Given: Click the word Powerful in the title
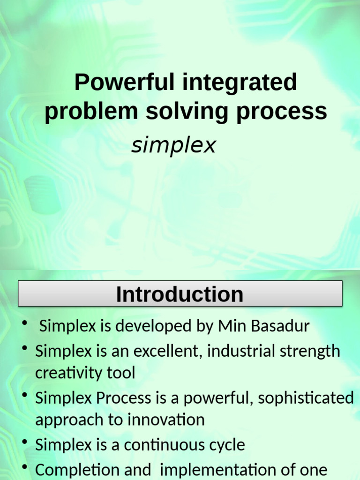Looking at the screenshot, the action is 124,82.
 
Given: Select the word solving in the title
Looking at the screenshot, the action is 187,112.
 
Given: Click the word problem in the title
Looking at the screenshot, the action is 91,112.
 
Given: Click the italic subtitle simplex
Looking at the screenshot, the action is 173,146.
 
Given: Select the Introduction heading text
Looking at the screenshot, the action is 180,294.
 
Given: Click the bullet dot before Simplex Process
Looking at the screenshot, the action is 25,395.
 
